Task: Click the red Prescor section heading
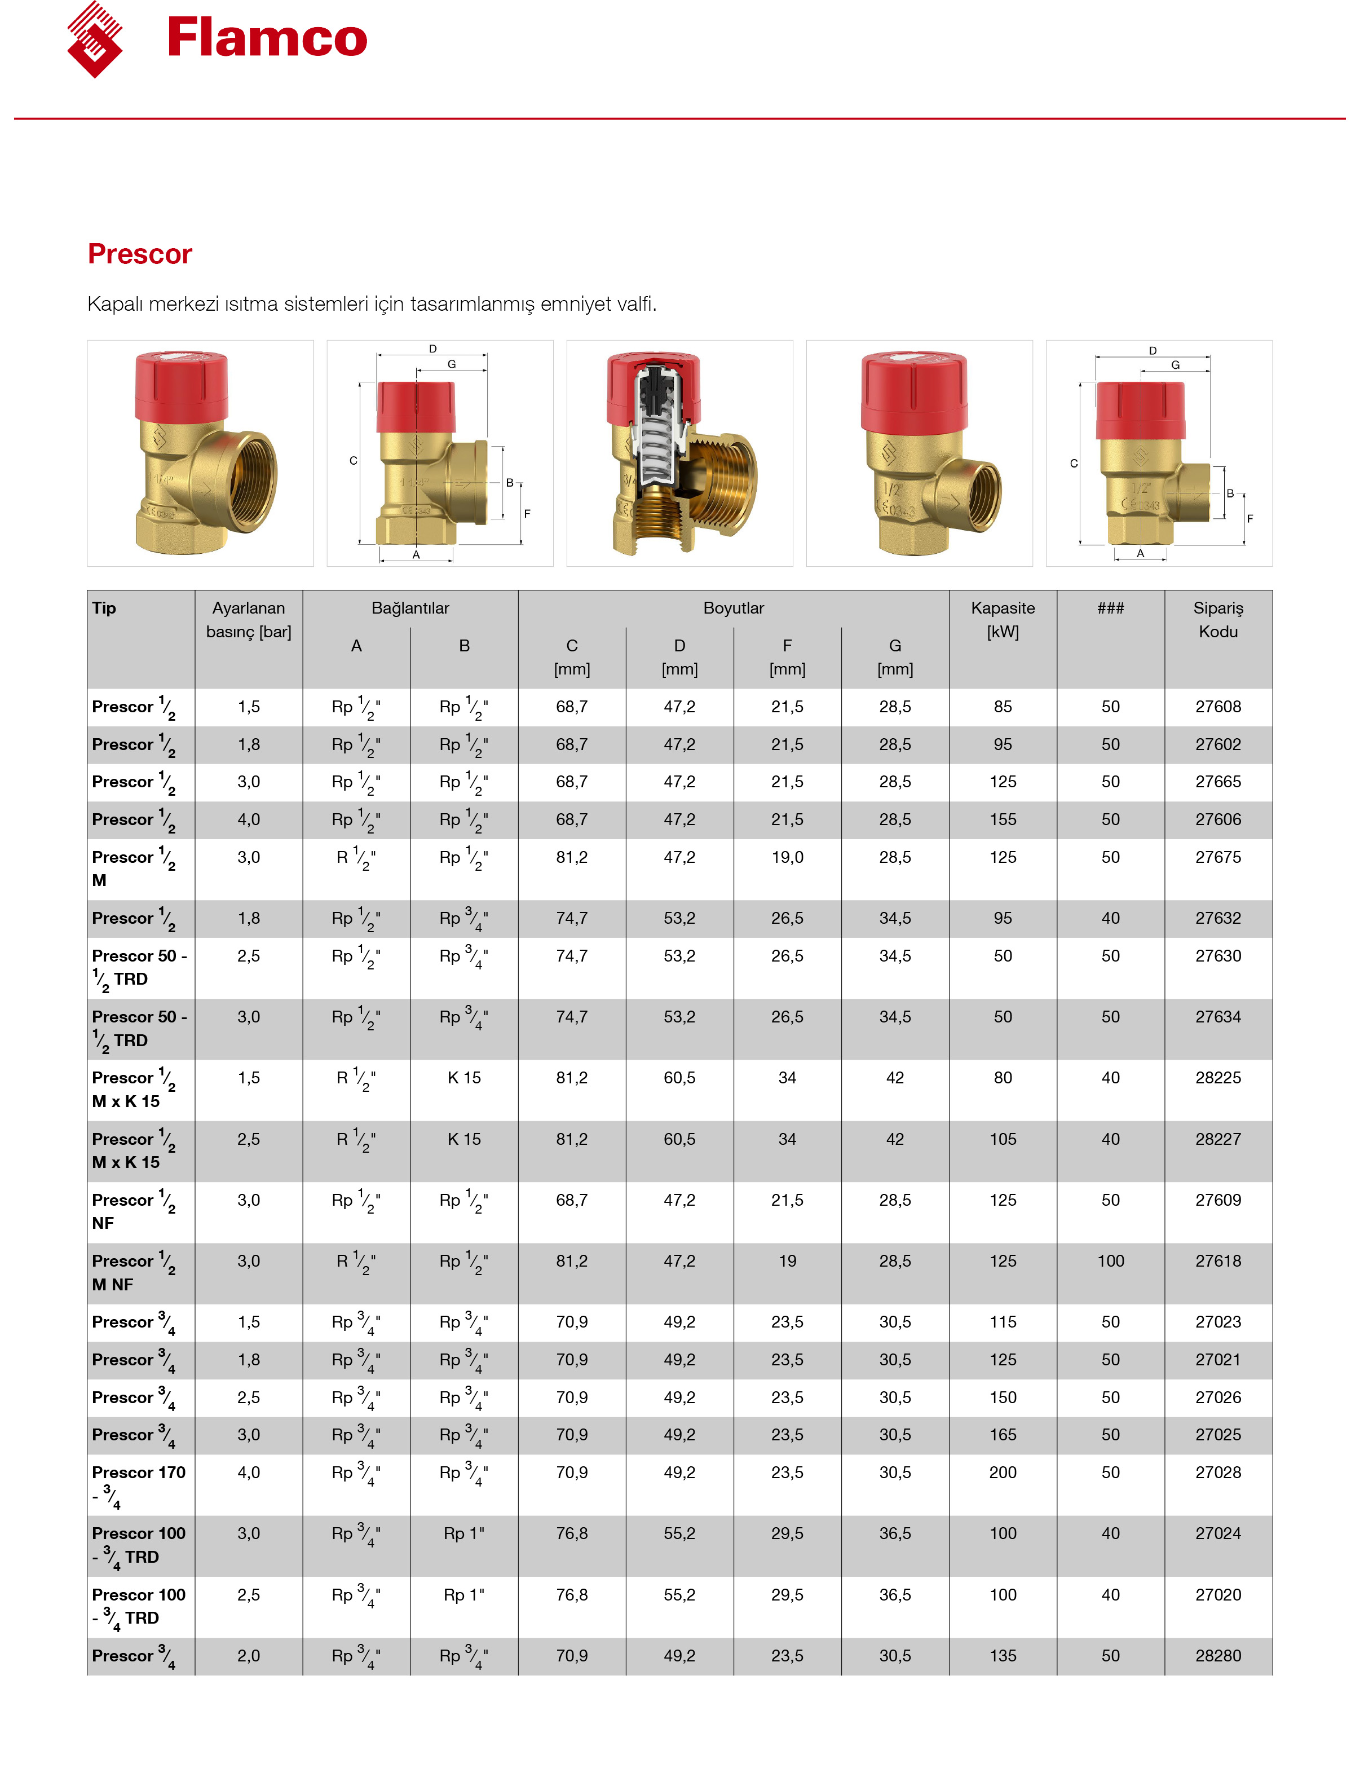[139, 254]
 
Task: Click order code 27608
[1217, 707]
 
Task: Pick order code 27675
[1217, 857]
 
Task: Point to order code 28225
[1217, 1078]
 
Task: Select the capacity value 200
[1002, 1472]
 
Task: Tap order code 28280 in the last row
[1217, 1656]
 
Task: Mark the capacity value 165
[1002, 1435]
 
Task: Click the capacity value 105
[1002, 1139]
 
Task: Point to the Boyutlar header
[734, 608]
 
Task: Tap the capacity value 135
[1002, 1656]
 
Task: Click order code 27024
[1217, 1533]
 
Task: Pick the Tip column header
[104, 608]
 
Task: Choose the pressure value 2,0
[249, 1656]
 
